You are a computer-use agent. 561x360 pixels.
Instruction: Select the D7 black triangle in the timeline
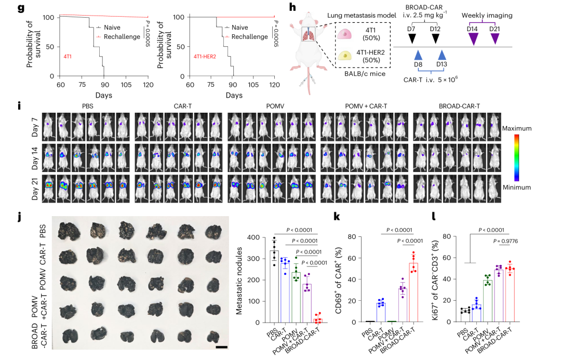point(412,37)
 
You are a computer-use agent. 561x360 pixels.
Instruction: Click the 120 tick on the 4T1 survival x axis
point(148,85)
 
